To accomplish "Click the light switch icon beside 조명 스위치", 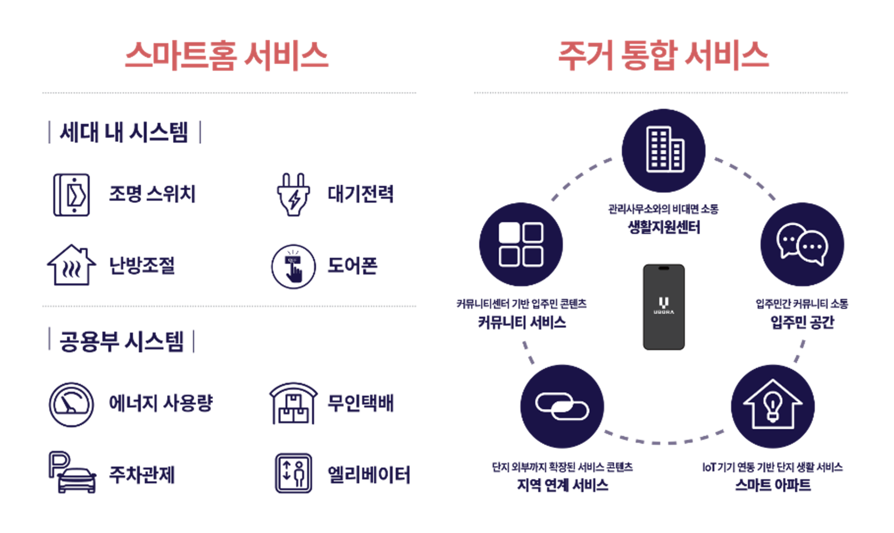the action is tap(71, 195).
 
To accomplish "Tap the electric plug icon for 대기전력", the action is tap(293, 195).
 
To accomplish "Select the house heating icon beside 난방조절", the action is tap(71, 265).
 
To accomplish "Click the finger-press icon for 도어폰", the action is tap(293, 266).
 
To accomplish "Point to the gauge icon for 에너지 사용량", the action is tap(71, 404).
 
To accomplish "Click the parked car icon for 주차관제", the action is tap(72, 472).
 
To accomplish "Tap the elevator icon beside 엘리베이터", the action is tap(293, 473).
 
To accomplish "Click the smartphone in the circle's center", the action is tap(664, 307).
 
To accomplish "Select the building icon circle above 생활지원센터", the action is tap(664, 150).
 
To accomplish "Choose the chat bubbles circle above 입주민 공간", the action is tap(802, 244).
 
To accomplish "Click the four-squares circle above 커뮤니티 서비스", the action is tap(521, 244).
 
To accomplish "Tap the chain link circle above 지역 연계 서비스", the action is tap(562, 406).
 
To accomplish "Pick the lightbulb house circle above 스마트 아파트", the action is tap(772, 406).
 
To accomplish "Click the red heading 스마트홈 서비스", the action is tap(227, 56).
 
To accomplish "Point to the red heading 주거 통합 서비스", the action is tap(663, 56).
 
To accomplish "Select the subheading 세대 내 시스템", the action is tap(124, 132).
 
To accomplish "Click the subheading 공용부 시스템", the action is tap(122, 341).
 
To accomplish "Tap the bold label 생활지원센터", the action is tap(664, 227).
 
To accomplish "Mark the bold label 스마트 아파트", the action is tap(772, 485).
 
